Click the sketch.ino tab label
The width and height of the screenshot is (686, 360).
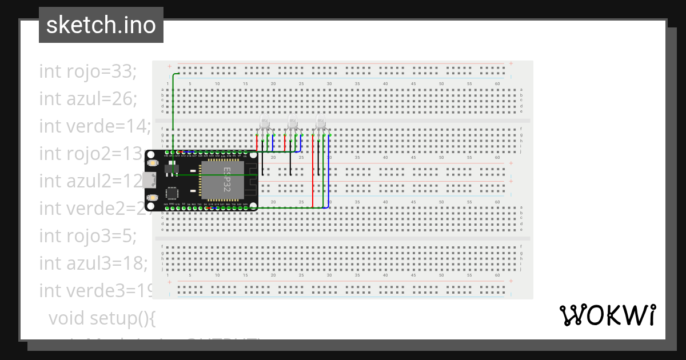click(101, 25)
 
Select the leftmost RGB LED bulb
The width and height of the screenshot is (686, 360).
click(265, 123)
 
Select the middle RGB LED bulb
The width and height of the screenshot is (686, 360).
click(293, 123)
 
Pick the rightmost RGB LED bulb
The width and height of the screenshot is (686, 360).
click(321, 123)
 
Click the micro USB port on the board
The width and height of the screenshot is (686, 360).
click(150, 179)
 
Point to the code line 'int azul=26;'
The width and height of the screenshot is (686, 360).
click(88, 99)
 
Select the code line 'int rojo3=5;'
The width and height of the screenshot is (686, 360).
click(88, 235)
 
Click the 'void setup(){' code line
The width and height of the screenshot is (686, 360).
click(102, 318)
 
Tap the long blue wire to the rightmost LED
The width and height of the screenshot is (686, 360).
click(329, 171)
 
